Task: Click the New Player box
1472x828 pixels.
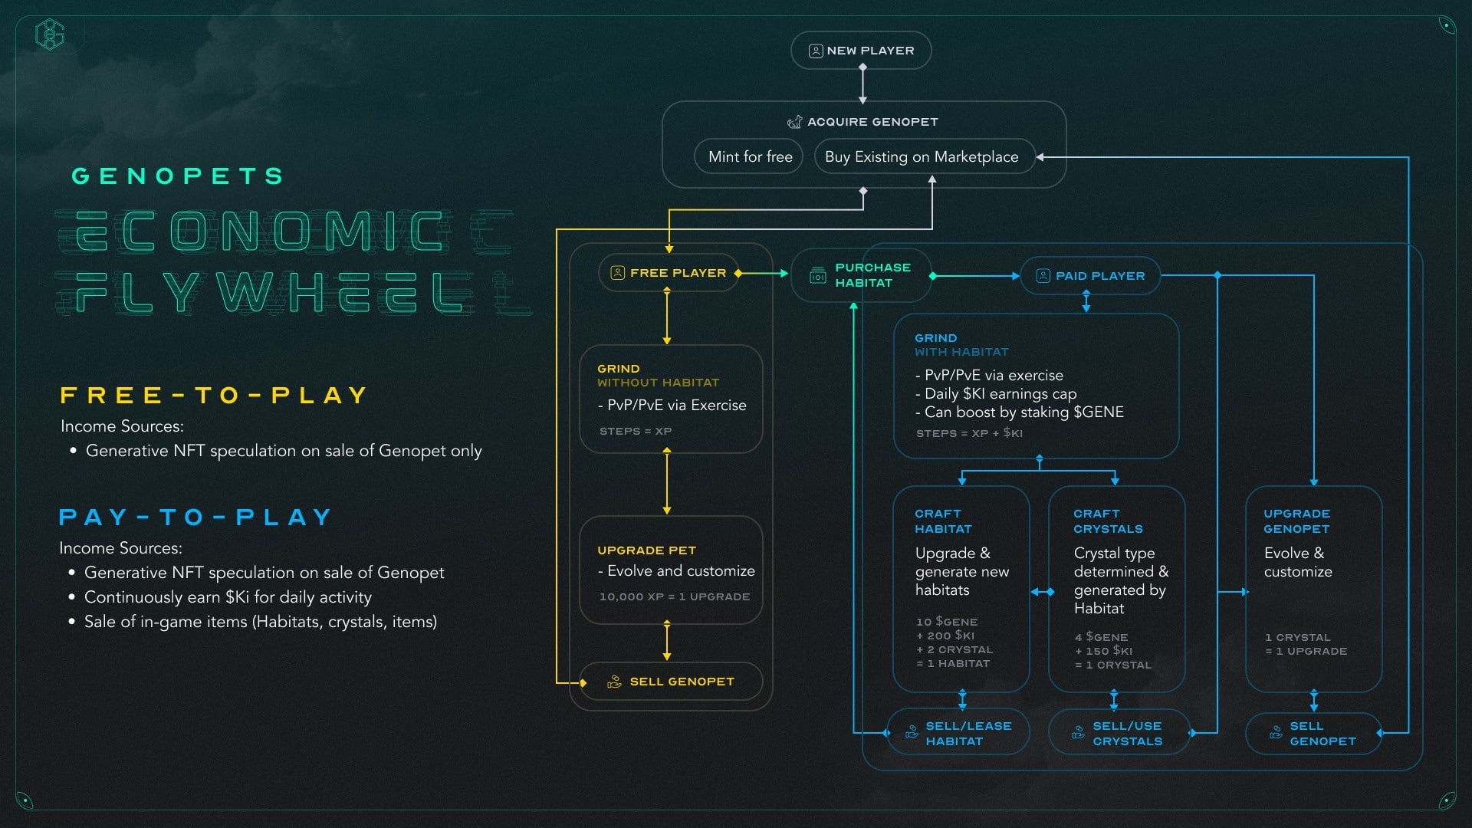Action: click(x=861, y=51)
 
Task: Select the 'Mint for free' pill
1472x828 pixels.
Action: click(x=749, y=156)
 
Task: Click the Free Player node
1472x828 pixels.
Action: click(x=669, y=273)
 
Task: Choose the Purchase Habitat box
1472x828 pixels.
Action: click(x=861, y=275)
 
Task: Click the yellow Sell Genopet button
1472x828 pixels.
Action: click(x=672, y=682)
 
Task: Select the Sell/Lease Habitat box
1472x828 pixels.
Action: click(x=958, y=733)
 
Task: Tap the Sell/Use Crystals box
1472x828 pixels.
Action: click(x=1119, y=733)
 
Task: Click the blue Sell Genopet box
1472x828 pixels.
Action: click(x=1313, y=733)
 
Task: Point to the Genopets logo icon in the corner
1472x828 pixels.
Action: click(x=50, y=34)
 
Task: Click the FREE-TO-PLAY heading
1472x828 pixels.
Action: click(x=214, y=396)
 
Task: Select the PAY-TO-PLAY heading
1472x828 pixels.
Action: click(x=195, y=517)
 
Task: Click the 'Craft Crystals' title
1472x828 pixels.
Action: click(x=1108, y=521)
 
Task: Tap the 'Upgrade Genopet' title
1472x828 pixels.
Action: click(x=1296, y=521)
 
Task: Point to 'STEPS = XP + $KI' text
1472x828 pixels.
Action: click(x=969, y=433)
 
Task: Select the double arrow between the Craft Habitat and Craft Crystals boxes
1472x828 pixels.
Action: click(x=1042, y=592)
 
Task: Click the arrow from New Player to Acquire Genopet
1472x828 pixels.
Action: click(x=863, y=84)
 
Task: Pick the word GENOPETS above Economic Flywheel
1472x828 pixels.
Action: click(x=178, y=176)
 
